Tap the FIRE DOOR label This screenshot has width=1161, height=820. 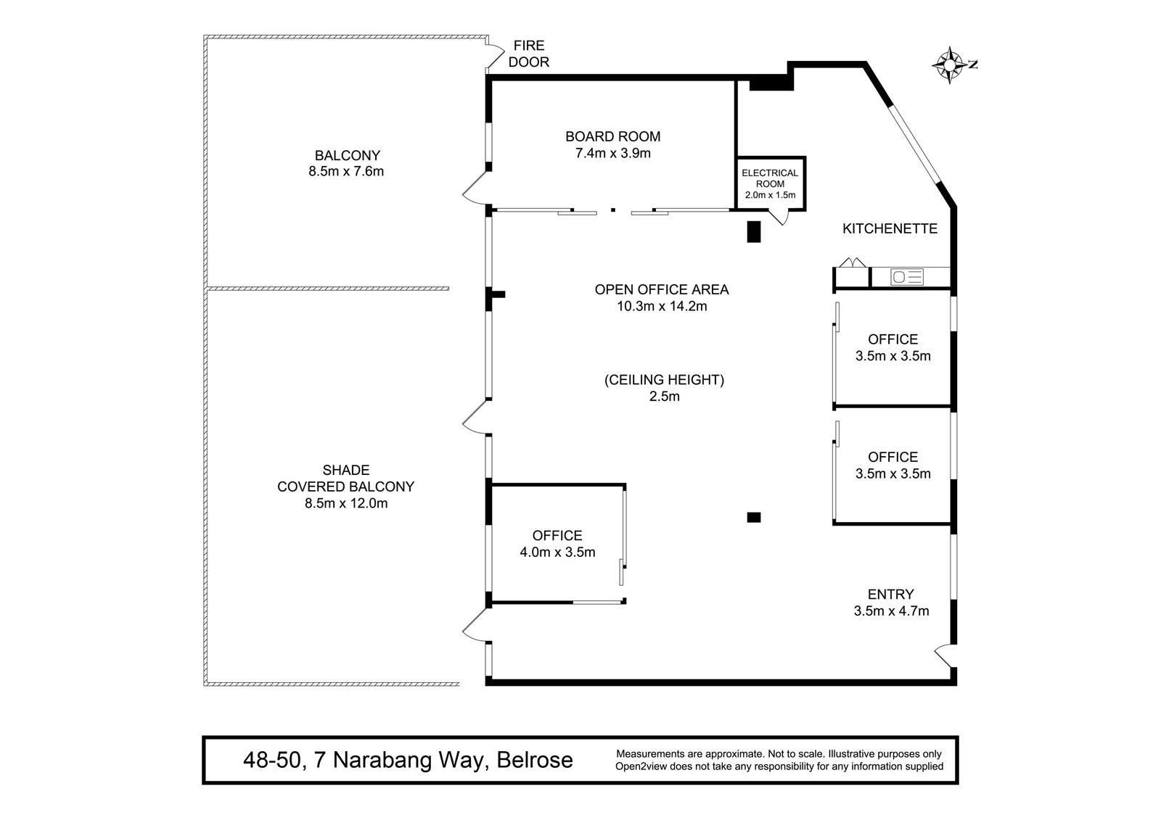click(x=529, y=54)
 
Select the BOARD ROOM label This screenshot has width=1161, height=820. click(x=612, y=137)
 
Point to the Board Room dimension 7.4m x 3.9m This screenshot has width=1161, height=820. click(x=612, y=153)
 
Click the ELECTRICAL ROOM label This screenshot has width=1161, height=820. click(x=770, y=178)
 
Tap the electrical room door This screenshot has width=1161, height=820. click(x=779, y=218)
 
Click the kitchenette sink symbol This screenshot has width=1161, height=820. click(x=907, y=277)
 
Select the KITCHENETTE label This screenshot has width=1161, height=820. click(x=890, y=228)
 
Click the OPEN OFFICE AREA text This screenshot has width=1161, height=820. click(x=662, y=289)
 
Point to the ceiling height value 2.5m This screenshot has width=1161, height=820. click(x=665, y=397)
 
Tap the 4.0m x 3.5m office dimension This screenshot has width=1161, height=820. click(x=558, y=552)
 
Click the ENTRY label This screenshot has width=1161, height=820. click(x=891, y=594)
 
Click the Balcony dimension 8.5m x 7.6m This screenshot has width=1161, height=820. click(x=346, y=171)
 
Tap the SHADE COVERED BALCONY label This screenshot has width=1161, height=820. click(x=345, y=478)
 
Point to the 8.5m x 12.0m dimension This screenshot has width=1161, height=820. click(x=346, y=503)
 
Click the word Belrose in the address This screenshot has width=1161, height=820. click(x=535, y=761)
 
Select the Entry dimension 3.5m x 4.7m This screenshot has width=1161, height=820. click(x=892, y=611)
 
